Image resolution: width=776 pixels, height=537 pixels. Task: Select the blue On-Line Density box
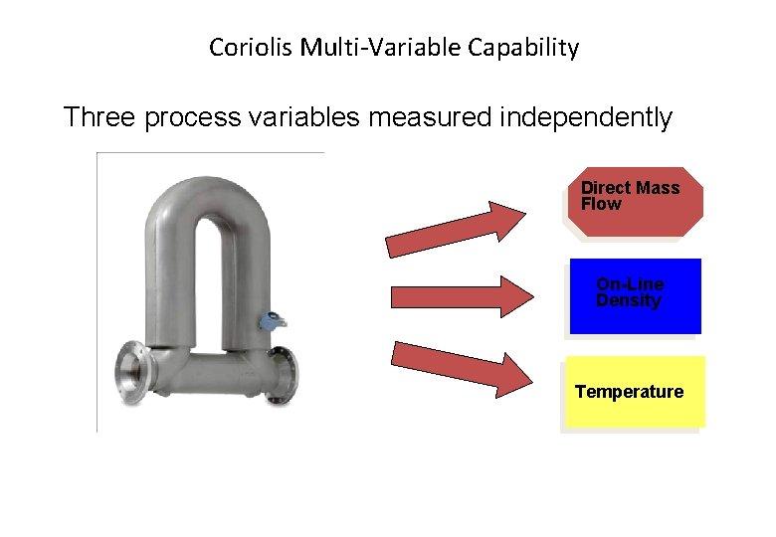[x=634, y=296]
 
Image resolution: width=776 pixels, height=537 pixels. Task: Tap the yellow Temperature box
[x=635, y=392]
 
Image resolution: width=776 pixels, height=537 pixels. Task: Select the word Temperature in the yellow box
[x=629, y=392]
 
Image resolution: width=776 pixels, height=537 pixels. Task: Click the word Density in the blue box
[x=628, y=301]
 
